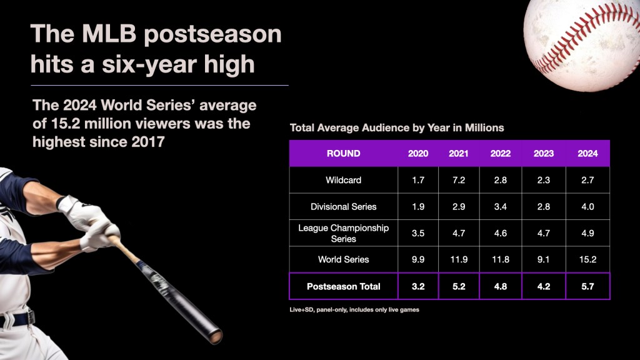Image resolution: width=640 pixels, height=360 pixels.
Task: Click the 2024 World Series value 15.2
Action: click(x=587, y=259)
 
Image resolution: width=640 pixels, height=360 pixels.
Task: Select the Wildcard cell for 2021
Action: click(x=459, y=180)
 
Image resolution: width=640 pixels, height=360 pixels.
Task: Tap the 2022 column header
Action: click(x=501, y=154)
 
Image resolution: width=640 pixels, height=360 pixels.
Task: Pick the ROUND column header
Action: click(x=343, y=154)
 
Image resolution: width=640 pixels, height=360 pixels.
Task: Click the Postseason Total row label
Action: click(x=343, y=286)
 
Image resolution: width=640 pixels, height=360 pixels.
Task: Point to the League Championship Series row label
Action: click(x=343, y=233)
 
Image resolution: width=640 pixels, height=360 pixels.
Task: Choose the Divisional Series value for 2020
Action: click(x=418, y=206)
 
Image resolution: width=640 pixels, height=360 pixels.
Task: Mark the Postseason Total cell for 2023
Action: click(x=544, y=286)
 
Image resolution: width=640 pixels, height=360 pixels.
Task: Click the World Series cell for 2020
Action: click(x=418, y=259)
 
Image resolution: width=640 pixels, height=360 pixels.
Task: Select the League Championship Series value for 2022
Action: click(x=501, y=233)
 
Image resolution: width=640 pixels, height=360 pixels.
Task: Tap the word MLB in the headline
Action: click(x=109, y=34)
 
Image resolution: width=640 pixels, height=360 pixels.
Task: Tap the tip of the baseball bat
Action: click(x=216, y=337)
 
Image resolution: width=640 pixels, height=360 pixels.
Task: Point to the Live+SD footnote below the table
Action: click(x=354, y=310)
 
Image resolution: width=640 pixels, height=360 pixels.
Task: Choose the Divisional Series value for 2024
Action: click(x=587, y=206)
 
